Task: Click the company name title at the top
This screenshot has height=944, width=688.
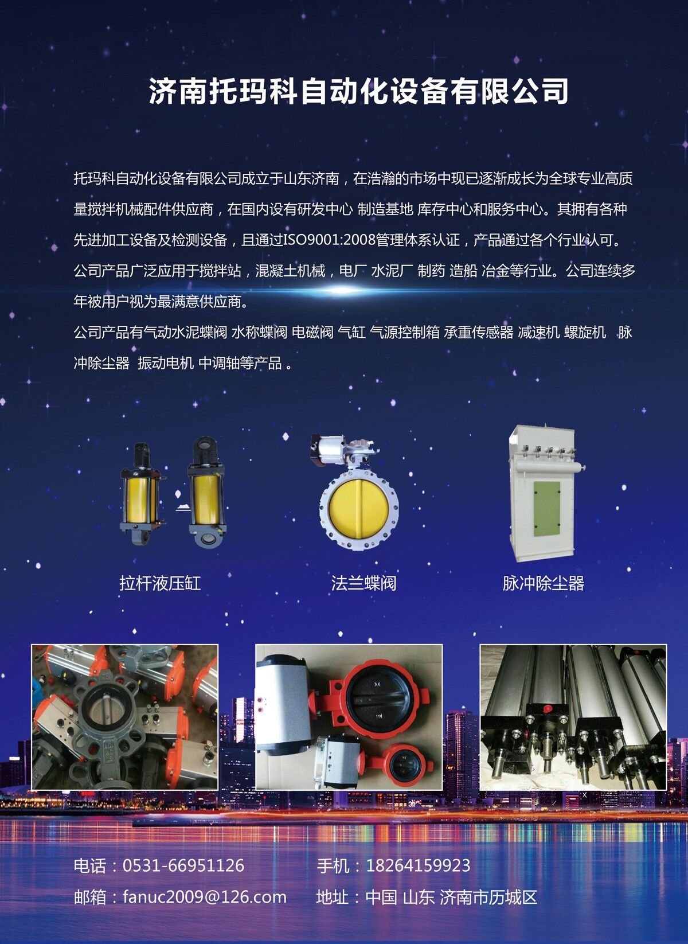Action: click(358, 91)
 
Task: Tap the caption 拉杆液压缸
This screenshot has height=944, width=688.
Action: click(160, 583)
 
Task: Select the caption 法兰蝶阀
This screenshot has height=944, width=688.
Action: click(363, 583)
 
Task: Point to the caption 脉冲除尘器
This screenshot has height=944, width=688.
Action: click(544, 583)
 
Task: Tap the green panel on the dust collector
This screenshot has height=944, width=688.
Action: click(546, 509)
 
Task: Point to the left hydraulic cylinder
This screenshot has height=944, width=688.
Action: click(140, 493)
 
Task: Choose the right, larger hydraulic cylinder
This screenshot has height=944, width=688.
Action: click(206, 491)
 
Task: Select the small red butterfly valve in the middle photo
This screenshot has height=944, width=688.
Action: click(402, 762)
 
